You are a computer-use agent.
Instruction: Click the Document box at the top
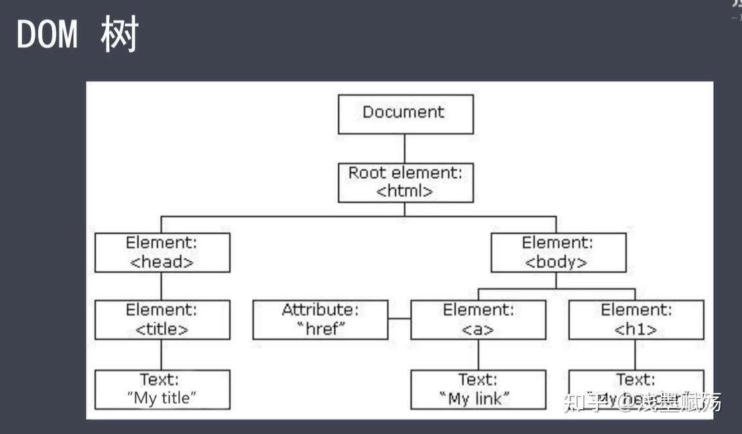coord(406,114)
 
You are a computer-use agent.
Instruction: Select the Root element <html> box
coord(406,182)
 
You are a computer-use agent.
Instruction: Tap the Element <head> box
coord(162,252)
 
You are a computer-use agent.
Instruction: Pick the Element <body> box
coord(558,252)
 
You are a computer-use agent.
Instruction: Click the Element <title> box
coord(162,319)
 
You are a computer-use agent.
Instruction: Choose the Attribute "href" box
coord(320,319)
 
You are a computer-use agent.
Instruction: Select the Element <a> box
coord(478,319)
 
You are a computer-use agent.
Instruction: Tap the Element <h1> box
coord(636,319)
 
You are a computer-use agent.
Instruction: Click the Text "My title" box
coord(162,389)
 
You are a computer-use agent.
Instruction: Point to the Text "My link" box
coord(478,389)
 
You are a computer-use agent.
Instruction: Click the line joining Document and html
coord(405,148)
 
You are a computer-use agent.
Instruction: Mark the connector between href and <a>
coord(399,319)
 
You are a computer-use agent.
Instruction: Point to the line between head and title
coord(162,286)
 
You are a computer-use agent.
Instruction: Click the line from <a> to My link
coord(478,354)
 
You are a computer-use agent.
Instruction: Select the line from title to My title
coord(162,354)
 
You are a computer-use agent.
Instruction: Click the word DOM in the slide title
coord(46,35)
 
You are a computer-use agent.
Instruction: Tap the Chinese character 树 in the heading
coord(119,35)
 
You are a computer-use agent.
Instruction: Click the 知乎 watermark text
coord(580,402)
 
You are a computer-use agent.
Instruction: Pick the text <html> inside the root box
coord(405,191)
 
